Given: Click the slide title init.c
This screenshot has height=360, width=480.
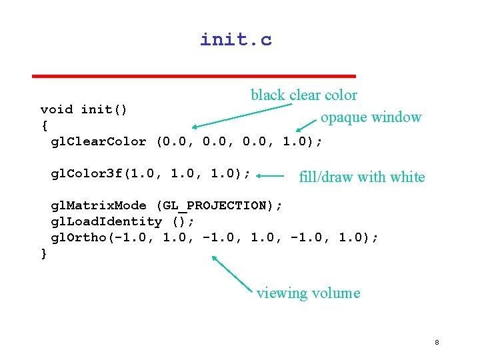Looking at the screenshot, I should coord(236,40).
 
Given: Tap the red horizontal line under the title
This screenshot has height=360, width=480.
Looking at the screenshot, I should coord(194,75).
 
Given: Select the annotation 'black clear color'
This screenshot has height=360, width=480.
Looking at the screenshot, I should coord(303,95).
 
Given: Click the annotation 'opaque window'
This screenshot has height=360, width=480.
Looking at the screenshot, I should coord(371,117).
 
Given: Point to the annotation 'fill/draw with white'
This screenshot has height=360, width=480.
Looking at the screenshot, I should coord(361,177).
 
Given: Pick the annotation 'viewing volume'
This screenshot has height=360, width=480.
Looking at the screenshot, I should coord(308,293).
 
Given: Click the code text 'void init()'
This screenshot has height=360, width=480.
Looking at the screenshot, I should coord(85,109).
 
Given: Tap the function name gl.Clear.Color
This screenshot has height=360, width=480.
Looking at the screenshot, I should coord(99,141).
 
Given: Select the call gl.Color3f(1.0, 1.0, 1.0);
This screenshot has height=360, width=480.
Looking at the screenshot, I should coord(151,174).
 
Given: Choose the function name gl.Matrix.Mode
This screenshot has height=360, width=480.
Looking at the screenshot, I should coord(99,205).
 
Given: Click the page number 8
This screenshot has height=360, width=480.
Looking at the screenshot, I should coord(437,343).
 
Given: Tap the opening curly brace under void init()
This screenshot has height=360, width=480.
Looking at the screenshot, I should coord(44,125).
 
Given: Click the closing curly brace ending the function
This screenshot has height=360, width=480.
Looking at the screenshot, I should coord(44,253).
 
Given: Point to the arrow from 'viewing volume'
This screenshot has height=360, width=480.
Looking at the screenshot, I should coord(233,275).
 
